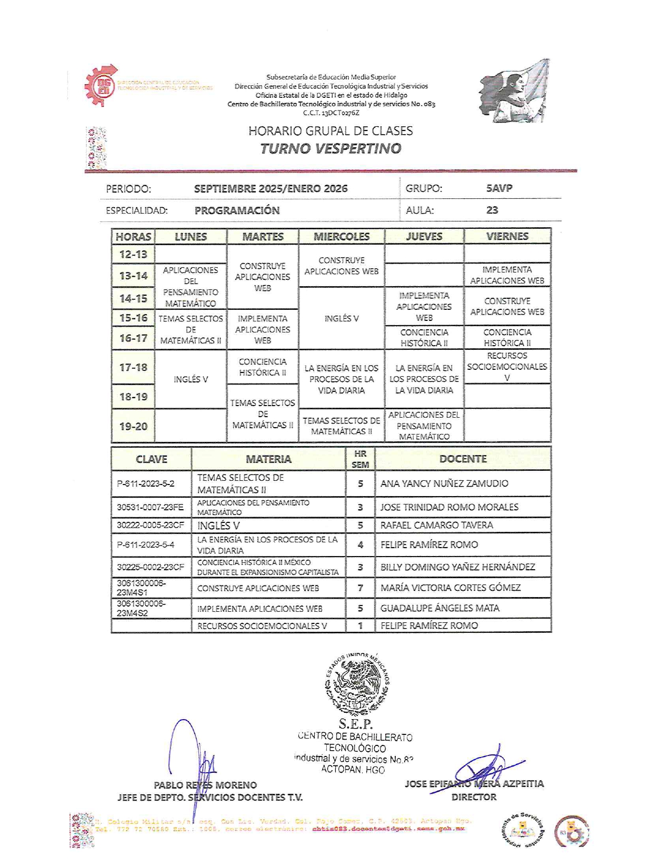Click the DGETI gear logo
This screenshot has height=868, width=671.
point(102,85)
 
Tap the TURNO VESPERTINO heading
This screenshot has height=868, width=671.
point(331,148)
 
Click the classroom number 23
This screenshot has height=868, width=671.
point(492,210)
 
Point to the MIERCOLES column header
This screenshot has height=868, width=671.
point(342,237)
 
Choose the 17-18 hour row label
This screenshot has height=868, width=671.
point(133,367)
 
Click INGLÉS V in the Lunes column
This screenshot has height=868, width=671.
point(191,379)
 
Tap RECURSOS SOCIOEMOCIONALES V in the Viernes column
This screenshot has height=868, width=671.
point(507,367)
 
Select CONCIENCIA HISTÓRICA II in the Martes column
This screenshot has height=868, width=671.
point(263,367)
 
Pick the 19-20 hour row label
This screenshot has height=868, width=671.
point(133,426)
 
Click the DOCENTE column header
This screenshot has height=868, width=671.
point(463,459)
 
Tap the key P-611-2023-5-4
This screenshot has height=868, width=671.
point(146,544)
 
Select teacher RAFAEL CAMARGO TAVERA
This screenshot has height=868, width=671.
point(437,525)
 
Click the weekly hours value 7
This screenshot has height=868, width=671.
point(360,588)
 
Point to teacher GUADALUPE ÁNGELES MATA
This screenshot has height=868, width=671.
point(440,608)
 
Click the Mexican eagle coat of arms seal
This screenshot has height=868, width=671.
point(357,683)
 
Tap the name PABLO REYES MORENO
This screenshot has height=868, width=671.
point(205,785)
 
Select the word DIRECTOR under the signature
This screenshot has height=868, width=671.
point(474,797)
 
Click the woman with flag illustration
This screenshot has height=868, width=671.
point(514,91)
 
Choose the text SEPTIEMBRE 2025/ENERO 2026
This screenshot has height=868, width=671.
point(271,188)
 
